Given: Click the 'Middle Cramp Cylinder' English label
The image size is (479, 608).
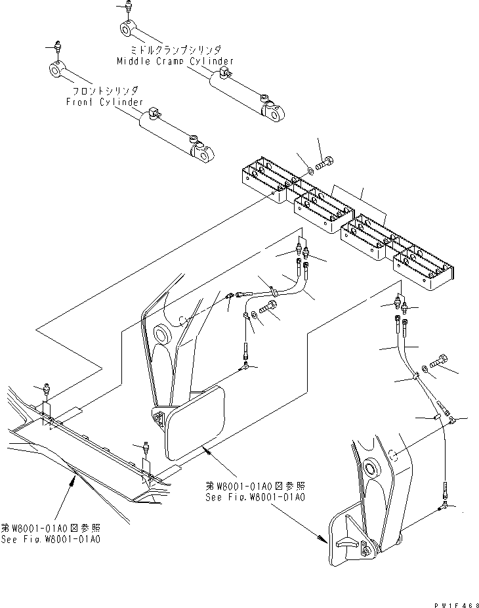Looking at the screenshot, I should click(175, 61).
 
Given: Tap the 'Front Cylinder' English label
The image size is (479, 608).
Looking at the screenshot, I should click(104, 102).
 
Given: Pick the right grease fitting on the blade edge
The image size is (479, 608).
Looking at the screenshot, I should click(145, 448).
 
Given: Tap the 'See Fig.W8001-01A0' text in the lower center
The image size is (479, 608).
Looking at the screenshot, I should click(256, 496).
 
